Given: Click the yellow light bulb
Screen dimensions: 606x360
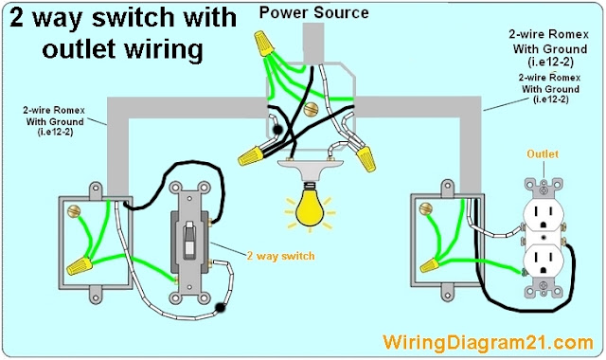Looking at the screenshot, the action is [310, 208].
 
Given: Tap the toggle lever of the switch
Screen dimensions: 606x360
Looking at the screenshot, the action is [189, 240].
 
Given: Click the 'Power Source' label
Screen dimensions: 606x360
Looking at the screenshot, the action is [313, 12].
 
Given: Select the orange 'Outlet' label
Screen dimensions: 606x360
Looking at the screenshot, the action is [543, 153].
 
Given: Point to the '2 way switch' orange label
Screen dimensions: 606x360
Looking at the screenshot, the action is [280, 256].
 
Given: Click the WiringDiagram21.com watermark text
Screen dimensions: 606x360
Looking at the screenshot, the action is [488, 343].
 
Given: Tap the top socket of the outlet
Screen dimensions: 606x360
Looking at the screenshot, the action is [543, 216].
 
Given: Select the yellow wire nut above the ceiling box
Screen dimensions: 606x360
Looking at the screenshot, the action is [264, 44].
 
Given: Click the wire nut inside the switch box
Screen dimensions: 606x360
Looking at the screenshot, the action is [80, 265].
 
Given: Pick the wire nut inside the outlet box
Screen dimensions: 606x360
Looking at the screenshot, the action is [429, 265].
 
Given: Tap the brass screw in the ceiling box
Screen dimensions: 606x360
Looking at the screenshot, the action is [311, 110].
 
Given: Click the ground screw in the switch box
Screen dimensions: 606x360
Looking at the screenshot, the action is [74, 210].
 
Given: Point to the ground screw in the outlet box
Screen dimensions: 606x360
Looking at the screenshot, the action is [426, 208].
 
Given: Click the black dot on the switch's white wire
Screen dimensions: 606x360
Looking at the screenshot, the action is [221, 308].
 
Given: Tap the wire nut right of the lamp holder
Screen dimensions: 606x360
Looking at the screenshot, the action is [365, 158].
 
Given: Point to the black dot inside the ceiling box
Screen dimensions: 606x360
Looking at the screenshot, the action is [277, 130].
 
